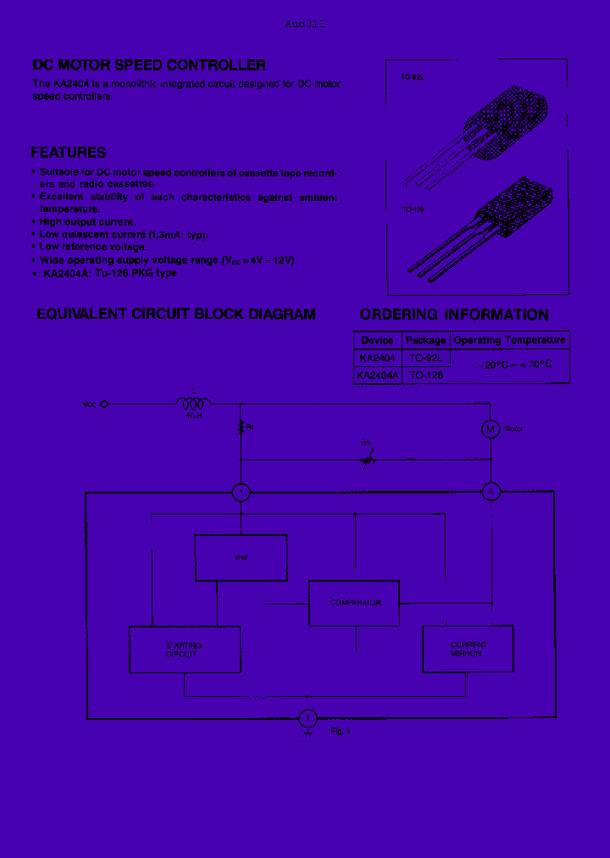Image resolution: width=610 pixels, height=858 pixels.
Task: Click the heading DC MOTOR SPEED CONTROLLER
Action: pos(149,65)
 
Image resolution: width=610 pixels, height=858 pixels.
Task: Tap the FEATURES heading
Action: pos(69,153)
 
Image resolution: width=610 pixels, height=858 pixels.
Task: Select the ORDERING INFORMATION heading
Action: pos(454,315)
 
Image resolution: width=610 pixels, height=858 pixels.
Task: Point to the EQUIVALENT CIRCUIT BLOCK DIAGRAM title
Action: pos(175,315)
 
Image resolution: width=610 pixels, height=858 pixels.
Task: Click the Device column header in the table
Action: pos(377,340)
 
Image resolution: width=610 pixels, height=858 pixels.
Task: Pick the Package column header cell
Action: pos(425,340)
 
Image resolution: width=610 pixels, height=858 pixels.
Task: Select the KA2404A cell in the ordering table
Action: pos(377,374)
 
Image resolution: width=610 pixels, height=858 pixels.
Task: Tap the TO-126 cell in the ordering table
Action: pos(425,374)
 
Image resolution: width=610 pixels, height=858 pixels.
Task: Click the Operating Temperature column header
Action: pos(509,340)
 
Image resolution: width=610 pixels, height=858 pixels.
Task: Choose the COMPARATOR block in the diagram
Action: pos(354,603)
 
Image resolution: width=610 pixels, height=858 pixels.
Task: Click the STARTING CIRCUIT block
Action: pos(184,649)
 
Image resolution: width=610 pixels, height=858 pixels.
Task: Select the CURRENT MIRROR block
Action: pos(468,649)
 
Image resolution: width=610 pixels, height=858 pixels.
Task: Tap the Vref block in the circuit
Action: pos(241,557)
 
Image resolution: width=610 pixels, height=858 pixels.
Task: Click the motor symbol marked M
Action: pos(491,429)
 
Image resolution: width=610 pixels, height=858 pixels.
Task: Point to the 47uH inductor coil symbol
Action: pos(194,404)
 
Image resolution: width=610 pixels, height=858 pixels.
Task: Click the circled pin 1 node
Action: pos(241,492)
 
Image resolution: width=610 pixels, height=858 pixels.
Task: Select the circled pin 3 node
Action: pos(491,492)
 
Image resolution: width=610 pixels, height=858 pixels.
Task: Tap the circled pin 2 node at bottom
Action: pos(308,719)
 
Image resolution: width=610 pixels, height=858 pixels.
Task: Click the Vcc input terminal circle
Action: pos(104,404)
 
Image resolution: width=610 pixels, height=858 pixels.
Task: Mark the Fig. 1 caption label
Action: pos(340,731)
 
